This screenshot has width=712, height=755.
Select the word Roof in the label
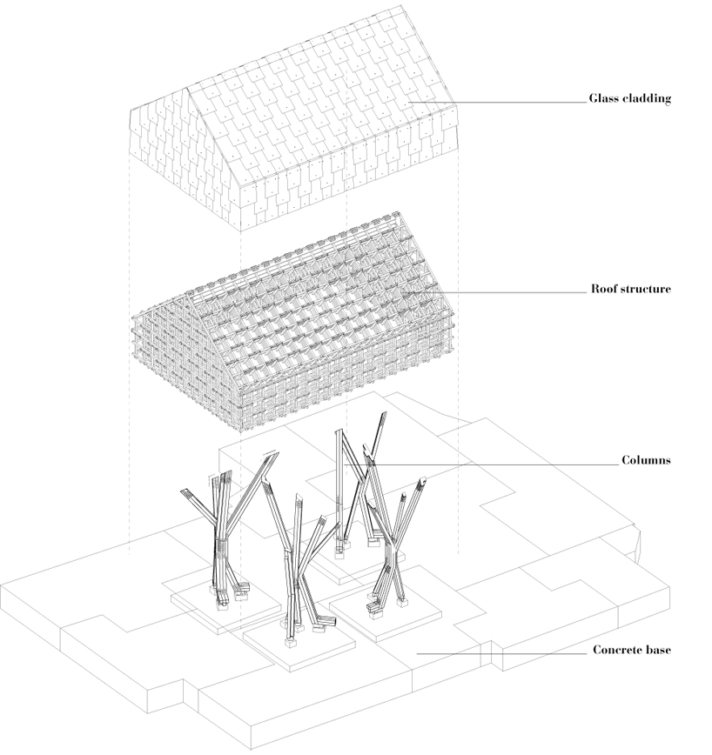[x=603, y=289]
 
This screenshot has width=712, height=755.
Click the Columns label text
[x=645, y=460]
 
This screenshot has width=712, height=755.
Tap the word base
[x=659, y=650]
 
